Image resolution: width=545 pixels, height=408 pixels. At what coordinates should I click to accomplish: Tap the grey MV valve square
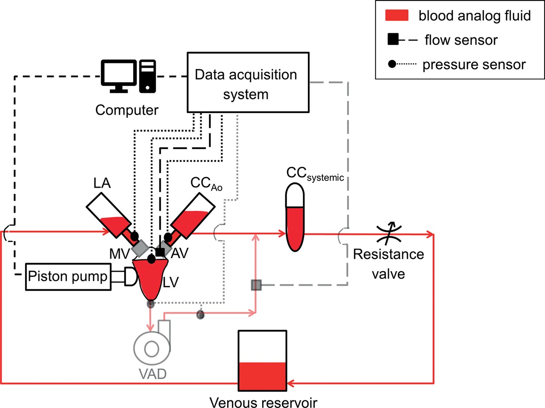(141, 247)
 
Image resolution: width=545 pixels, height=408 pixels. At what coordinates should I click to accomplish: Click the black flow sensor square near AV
(159, 251)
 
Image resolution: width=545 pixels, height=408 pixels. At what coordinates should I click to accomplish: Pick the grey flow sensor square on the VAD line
(256, 285)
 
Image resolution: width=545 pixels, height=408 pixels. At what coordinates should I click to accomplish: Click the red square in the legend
(398, 17)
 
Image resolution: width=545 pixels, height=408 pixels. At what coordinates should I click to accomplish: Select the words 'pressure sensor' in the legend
(474, 65)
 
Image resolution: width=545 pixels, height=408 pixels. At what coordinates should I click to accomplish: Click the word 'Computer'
(127, 109)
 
